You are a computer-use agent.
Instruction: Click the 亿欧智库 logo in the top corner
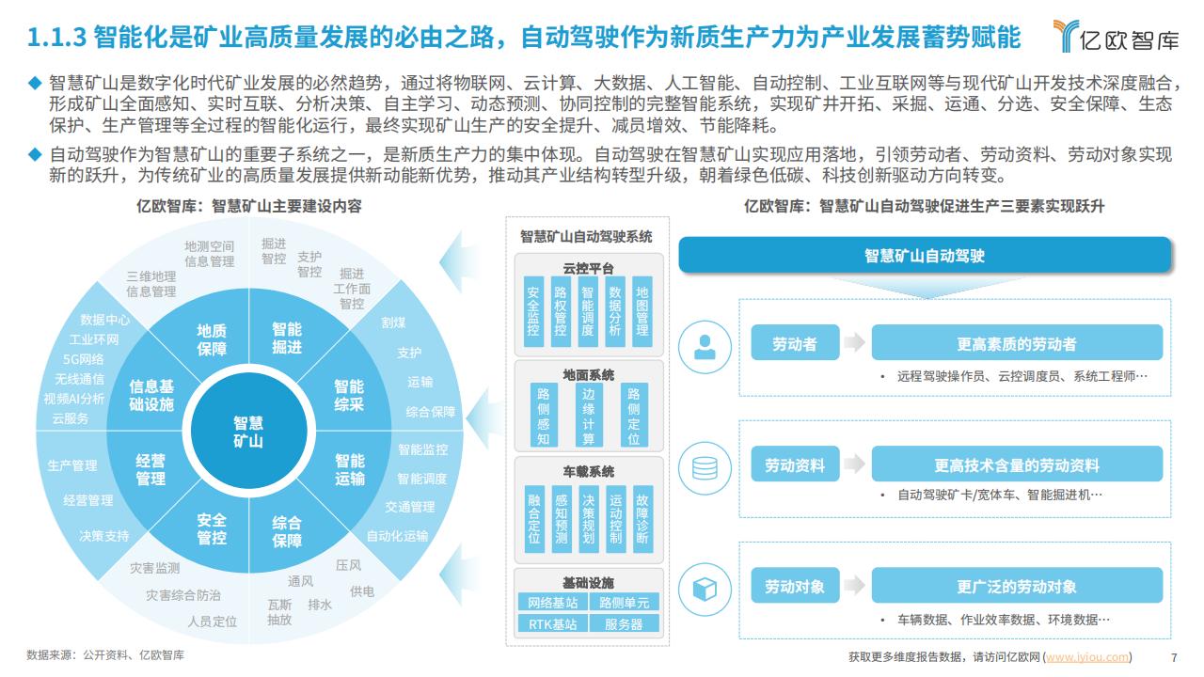point(1116,37)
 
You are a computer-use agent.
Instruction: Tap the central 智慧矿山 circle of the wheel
point(248,431)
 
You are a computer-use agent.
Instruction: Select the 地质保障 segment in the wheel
point(212,339)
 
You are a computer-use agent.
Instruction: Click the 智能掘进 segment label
point(287,338)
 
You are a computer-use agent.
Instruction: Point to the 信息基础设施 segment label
point(151,395)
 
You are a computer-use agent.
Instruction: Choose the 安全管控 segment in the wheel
point(212,528)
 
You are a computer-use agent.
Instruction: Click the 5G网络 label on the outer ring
point(83,359)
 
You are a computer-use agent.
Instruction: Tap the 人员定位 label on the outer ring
point(213,622)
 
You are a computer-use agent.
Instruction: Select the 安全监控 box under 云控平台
point(533,311)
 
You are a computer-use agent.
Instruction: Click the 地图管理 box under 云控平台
point(642,311)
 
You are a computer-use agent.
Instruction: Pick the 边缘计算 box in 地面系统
point(589,416)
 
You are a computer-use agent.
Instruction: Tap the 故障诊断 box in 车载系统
point(642,519)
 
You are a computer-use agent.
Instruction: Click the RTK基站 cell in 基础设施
point(552,624)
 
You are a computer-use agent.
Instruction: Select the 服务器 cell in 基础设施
point(624,624)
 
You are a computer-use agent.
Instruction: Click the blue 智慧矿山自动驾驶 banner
point(925,255)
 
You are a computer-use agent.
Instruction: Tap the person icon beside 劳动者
point(705,347)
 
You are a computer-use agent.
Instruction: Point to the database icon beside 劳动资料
point(705,468)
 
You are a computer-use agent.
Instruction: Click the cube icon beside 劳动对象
point(705,590)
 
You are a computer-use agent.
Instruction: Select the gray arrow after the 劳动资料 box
point(854,464)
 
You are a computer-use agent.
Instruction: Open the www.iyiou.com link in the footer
point(1087,656)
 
